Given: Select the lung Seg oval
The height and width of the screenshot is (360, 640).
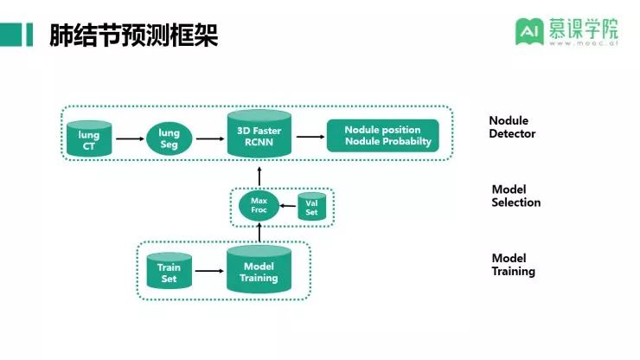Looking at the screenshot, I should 169,138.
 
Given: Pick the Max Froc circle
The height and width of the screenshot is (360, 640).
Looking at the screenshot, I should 259,205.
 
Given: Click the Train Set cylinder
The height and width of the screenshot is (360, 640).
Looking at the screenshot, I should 169,272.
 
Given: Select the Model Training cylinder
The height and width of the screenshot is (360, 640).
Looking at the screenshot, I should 259,271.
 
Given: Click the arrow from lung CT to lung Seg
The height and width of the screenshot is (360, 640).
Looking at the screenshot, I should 130,138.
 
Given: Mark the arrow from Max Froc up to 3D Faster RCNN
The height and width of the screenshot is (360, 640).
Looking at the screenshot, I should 259,175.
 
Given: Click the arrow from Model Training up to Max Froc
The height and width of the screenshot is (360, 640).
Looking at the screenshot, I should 259,234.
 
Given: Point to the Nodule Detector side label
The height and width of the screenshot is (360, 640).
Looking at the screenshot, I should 511,127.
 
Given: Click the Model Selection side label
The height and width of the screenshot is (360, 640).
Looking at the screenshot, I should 515,196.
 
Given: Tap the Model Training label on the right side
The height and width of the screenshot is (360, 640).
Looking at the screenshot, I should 514,265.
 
